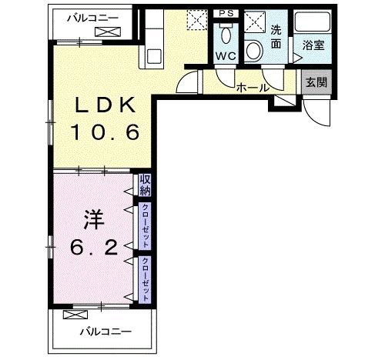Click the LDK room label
pos(105,105)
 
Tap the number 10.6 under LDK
pos(105,132)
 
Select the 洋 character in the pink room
pos(94,220)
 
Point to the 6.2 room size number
pos(94,247)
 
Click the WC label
pos(226,56)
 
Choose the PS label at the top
pos(226,13)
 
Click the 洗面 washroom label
pos(276,37)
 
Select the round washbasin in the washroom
pos(253,51)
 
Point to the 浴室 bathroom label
pos(313,45)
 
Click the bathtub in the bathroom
pos(312,22)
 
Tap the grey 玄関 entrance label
pos(316,82)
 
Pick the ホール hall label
pos(253,88)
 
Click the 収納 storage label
pos(145,185)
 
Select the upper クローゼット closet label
pos(146,226)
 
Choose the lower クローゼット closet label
pos(146,279)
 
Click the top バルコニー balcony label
pos(92,18)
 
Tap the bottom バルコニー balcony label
pos(105,332)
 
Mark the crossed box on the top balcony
pos(108,32)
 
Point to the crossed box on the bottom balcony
pos(75,315)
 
